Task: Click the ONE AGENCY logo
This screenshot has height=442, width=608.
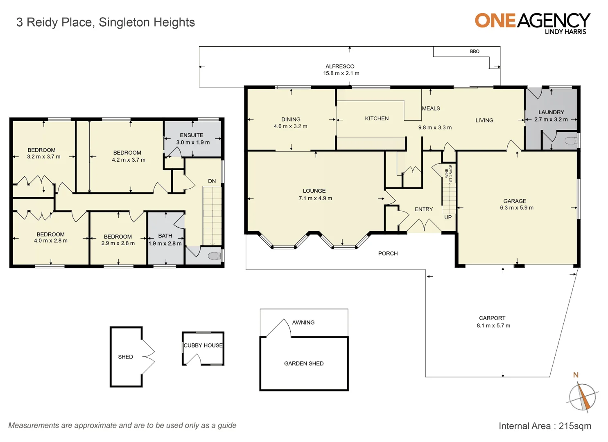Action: tap(532, 23)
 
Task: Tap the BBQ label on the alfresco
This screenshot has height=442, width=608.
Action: tap(475, 52)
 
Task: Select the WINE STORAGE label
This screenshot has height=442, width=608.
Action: tap(449, 173)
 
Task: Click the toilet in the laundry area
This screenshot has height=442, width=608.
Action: tap(571, 141)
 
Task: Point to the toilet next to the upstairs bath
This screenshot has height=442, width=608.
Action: tap(214, 256)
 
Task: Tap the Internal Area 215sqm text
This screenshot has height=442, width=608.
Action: tap(545, 426)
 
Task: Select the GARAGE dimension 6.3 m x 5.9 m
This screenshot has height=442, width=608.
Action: tap(516, 208)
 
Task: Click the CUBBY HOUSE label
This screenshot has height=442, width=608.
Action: tap(203, 345)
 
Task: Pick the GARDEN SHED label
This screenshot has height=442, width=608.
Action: tap(304, 363)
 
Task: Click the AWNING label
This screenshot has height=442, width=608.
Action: tap(303, 322)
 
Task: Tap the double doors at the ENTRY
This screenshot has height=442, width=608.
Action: tap(424, 226)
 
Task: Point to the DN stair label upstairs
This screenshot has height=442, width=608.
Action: tap(212, 181)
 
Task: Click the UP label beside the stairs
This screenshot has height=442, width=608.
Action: tap(448, 217)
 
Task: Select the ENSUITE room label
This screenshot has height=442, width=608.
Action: tap(192, 135)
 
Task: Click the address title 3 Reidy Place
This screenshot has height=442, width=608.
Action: tap(106, 22)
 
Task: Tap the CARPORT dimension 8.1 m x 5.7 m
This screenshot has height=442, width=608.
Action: tap(493, 326)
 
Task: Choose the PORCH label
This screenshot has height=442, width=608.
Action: tap(388, 253)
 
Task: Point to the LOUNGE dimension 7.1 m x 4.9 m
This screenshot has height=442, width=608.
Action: tap(315, 198)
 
